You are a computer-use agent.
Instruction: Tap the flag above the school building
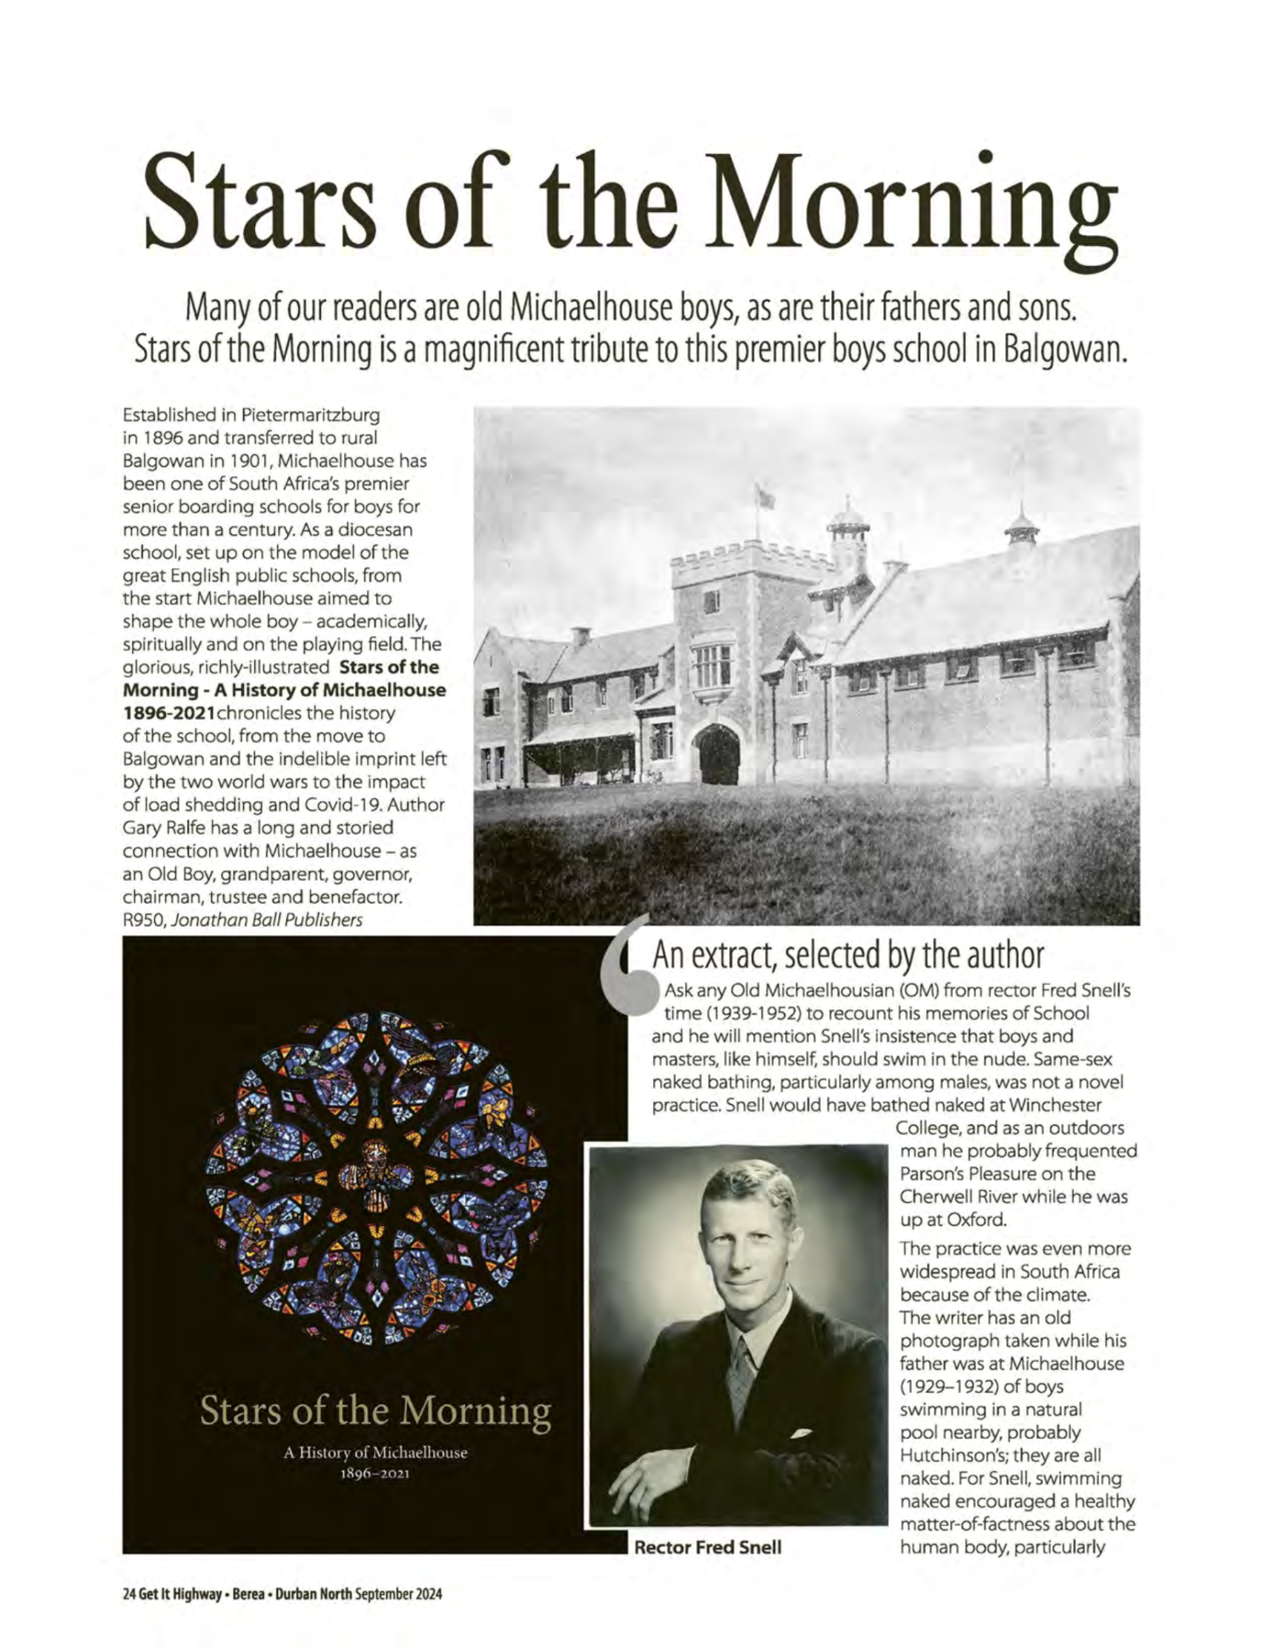(765, 497)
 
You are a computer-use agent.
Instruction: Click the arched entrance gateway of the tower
(718, 754)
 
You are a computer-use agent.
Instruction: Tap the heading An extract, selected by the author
(848, 956)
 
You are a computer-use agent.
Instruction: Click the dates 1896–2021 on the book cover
(375, 1473)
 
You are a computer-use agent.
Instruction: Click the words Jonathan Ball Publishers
(267, 919)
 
